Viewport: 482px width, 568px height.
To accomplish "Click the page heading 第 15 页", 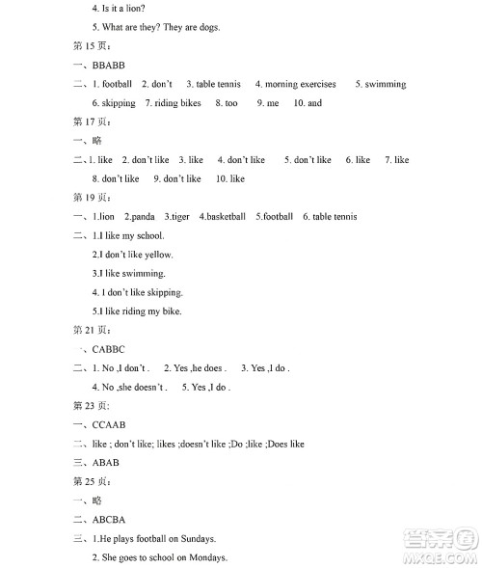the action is click(93, 45).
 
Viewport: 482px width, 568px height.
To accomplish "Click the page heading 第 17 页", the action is click(93, 122).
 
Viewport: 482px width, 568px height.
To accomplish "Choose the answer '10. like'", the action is click(230, 178).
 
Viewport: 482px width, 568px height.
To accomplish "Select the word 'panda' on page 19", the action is click(142, 216).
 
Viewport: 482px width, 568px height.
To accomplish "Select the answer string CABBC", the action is click(109, 349).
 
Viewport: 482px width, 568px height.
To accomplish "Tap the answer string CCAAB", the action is click(110, 424).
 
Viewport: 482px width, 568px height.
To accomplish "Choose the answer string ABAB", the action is click(106, 462).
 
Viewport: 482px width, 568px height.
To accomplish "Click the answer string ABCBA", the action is click(109, 520).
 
